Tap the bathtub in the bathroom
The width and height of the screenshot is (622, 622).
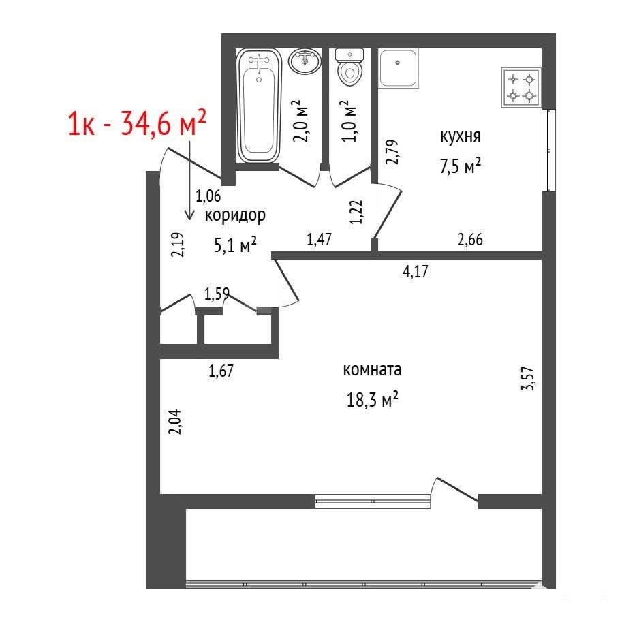click(259, 105)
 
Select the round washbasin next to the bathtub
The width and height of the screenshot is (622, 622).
click(305, 61)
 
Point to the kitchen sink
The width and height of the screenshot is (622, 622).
click(398, 68)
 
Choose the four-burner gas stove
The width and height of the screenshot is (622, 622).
click(521, 88)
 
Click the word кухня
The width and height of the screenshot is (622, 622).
click(460, 136)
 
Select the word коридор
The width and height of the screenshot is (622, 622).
click(235, 215)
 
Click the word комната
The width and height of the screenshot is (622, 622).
click(372, 370)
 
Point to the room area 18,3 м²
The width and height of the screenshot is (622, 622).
click(372, 399)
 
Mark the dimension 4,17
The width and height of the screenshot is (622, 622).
click(416, 272)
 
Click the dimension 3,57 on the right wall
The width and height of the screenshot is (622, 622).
click(528, 378)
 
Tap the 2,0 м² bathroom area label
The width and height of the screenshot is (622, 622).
click(302, 121)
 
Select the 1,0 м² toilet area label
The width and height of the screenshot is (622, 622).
click(349, 121)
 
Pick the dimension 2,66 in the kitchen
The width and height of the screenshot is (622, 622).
click(470, 240)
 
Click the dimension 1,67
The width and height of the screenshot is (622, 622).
click(221, 371)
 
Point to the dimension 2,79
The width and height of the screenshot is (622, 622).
click(392, 152)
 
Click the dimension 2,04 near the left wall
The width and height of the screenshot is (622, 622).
click(175, 422)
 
